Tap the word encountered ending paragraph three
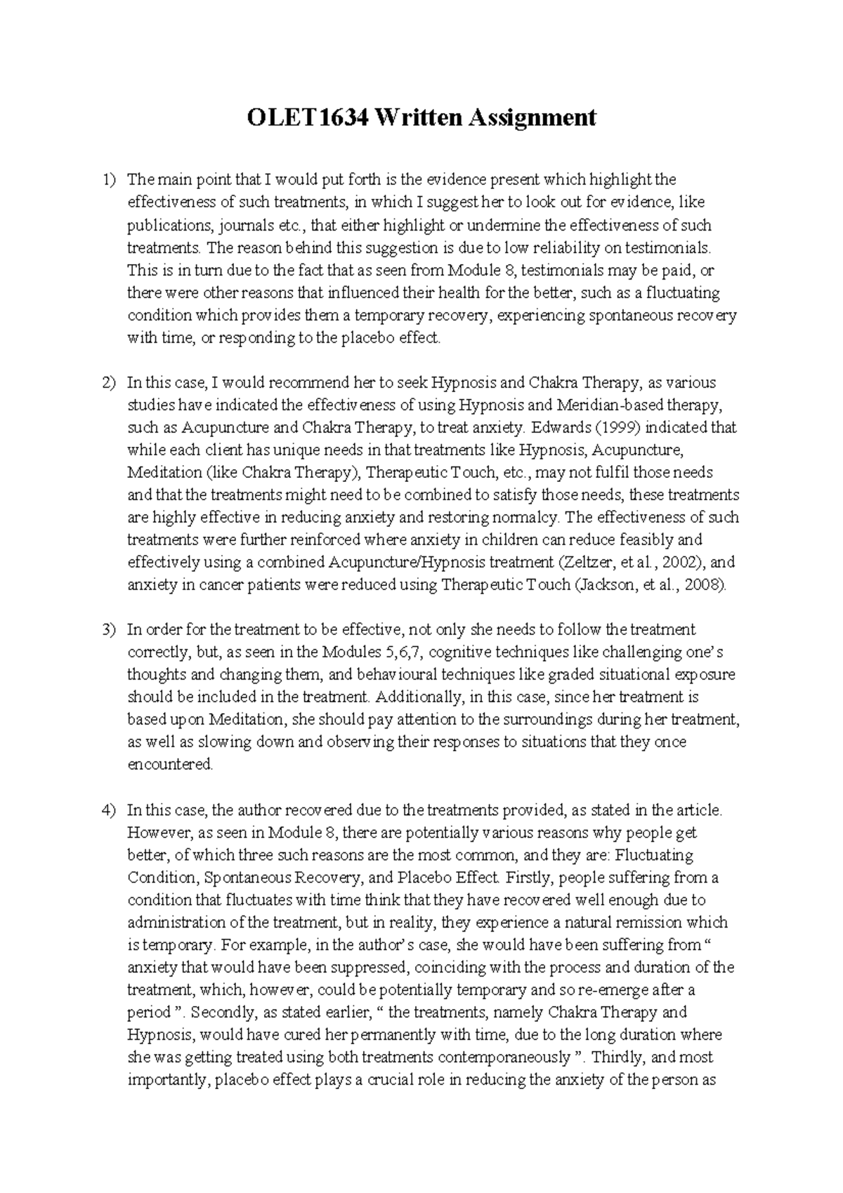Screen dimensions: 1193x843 [169, 764]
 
